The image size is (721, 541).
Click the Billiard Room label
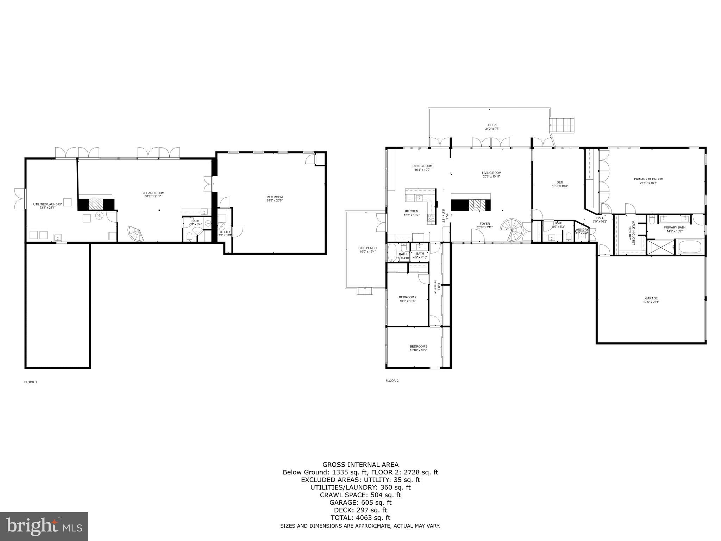[x=153, y=194]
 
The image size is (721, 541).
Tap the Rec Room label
[x=274, y=199]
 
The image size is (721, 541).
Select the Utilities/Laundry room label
[x=47, y=206]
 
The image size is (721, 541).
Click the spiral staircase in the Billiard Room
[x=136, y=233]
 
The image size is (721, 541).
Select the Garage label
[x=651, y=300]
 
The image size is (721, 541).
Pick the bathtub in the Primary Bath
[x=690, y=247]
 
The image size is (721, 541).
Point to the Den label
[x=560, y=184]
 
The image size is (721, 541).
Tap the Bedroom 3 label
[x=418, y=348]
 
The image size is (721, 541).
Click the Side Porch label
[x=367, y=250]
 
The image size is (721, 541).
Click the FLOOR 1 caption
[x=30, y=382]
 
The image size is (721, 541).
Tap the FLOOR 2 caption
[x=392, y=381]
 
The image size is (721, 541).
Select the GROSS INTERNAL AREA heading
[x=360, y=465]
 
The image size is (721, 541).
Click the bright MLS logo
[x=44, y=526]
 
